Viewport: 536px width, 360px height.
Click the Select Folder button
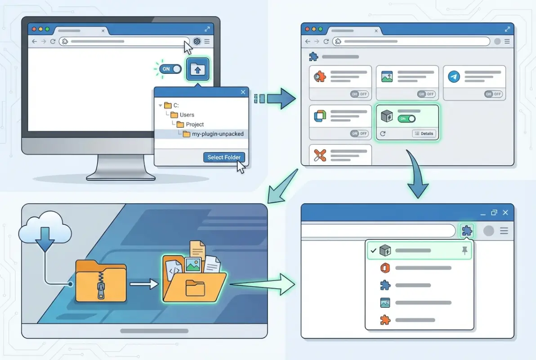point(224,157)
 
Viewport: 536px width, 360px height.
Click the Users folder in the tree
point(187,115)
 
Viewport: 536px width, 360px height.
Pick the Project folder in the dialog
point(194,124)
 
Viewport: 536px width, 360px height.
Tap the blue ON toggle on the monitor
point(170,69)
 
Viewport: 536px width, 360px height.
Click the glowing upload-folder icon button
point(197,69)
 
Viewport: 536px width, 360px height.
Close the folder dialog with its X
point(243,92)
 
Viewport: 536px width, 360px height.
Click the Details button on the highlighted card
point(424,134)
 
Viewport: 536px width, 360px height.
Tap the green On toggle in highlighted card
point(406,119)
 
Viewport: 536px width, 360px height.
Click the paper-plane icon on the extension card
point(454,77)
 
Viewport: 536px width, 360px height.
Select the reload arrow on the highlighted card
point(383,134)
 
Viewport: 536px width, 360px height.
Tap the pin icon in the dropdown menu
point(465,251)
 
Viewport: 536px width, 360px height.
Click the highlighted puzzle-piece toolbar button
point(467,231)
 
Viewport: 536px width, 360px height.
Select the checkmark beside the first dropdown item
point(373,250)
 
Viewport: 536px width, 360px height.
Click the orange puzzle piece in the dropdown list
point(385,320)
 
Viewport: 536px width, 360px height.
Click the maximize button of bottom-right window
point(494,212)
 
